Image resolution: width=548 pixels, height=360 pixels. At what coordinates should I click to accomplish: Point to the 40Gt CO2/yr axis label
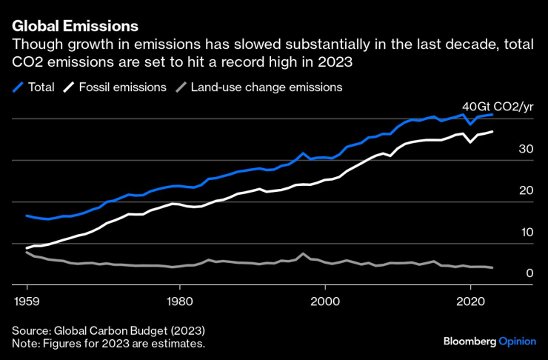(x=498, y=107)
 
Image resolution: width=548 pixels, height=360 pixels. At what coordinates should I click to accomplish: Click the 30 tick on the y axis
(x=527, y=149)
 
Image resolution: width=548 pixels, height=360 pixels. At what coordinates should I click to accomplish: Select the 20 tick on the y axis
(x=527, y=190)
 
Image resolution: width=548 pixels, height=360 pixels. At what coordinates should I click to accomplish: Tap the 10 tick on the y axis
(x=527, y=232)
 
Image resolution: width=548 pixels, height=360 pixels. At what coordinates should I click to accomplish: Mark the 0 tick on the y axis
(x=529, y=273)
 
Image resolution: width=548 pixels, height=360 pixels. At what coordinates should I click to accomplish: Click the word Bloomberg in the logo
(x=470, y=341)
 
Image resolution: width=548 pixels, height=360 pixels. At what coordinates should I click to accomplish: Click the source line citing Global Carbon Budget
(x=108, y=330)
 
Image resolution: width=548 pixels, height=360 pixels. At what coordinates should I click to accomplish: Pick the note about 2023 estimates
(x=108, y=344)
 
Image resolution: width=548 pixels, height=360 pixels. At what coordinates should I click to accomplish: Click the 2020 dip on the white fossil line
(x=470, y=141)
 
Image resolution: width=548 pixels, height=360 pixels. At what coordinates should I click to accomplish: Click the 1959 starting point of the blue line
(x=27, y=216)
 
